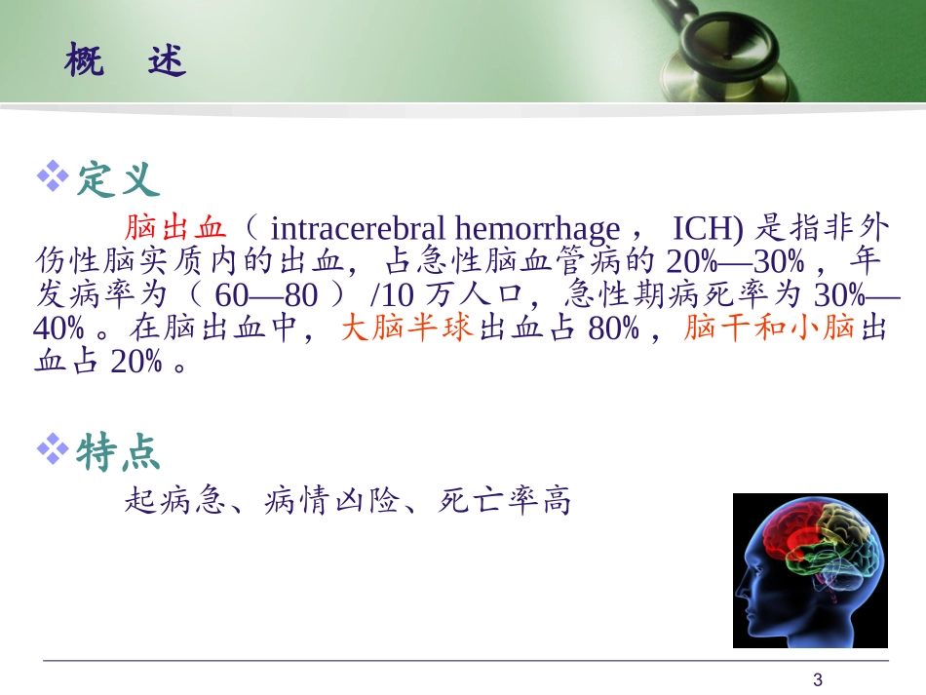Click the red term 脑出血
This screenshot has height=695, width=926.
point(175,229)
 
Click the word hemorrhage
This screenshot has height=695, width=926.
point(536,229)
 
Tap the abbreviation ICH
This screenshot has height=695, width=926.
point(704,229)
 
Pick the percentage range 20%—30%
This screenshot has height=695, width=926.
point(736,262)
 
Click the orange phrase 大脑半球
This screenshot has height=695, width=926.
point(407,328)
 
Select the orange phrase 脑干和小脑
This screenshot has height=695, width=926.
point(770,328)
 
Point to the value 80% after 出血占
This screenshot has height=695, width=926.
point(613,328)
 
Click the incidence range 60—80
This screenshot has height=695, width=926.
point(267,295)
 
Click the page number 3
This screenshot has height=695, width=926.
point(818,679)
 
